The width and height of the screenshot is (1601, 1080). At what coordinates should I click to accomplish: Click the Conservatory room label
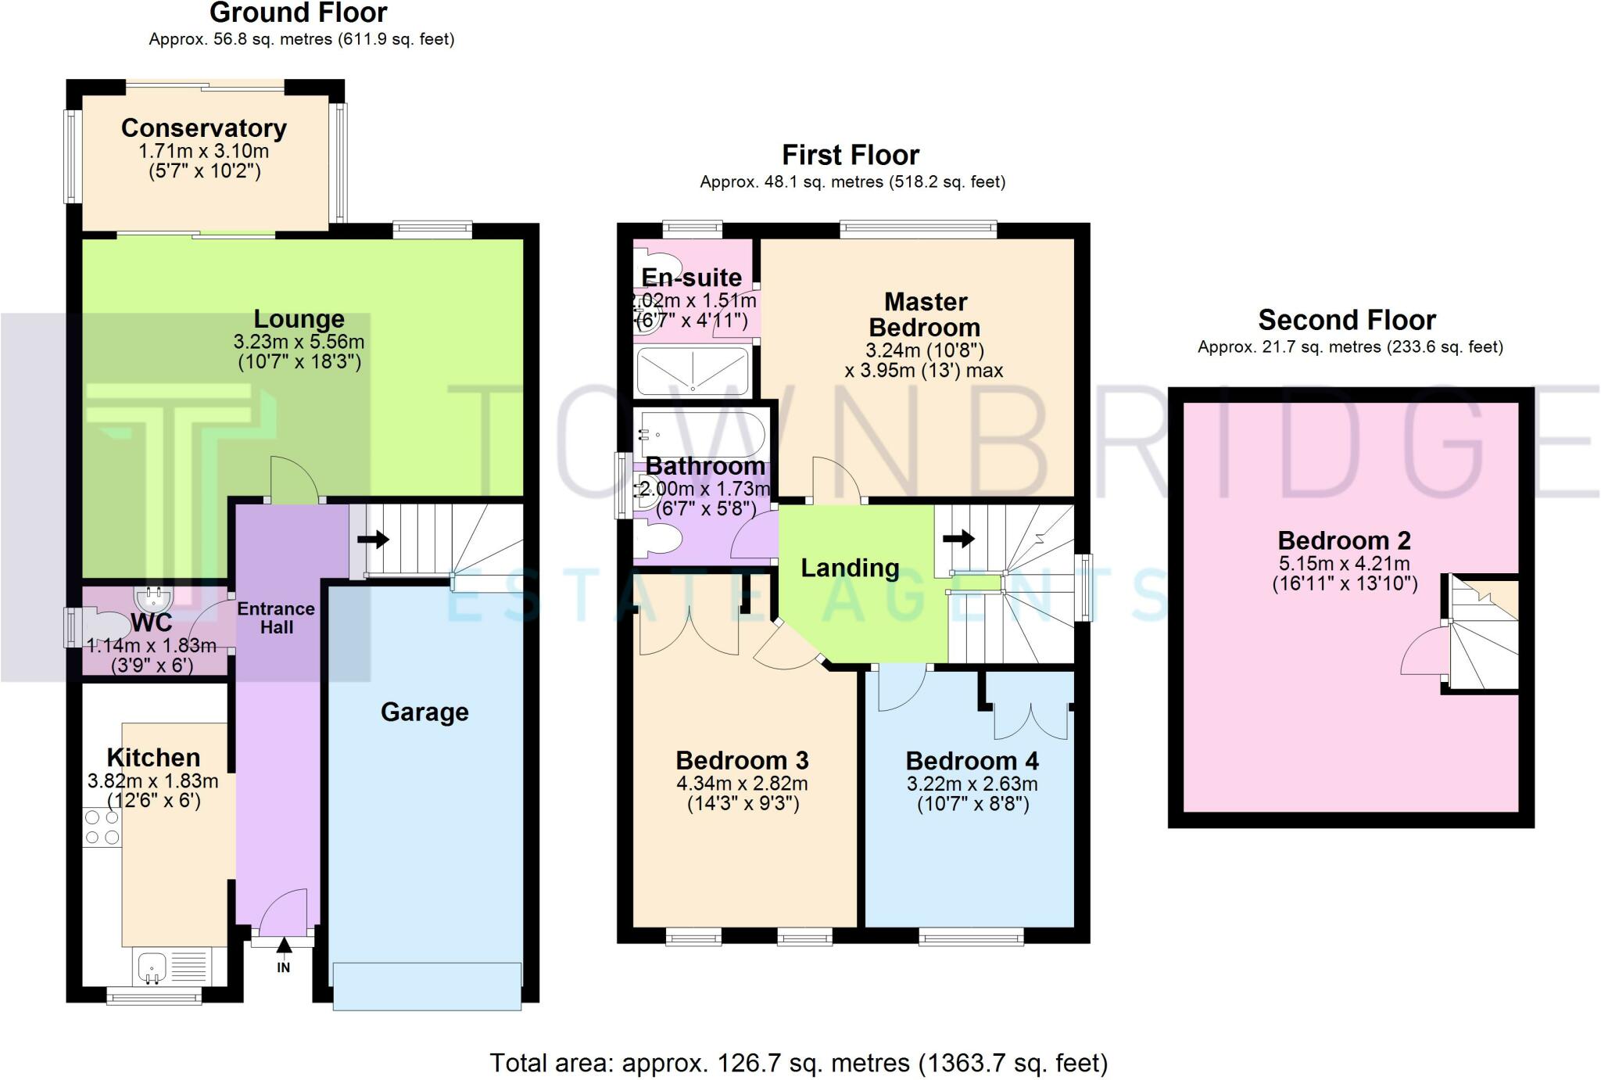[204, 128]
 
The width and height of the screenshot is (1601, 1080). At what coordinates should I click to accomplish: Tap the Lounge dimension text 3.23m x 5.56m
[299, 342]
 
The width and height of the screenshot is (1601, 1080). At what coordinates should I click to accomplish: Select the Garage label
[424, 712]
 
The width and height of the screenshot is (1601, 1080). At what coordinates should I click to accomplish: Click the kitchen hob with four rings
[102, 827]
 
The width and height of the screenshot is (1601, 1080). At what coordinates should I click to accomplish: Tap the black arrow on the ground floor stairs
[373, 540]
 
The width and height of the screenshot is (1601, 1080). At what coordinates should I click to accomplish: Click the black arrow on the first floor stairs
[959, 538]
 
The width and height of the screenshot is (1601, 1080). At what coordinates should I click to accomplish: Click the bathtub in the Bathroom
[701, 433]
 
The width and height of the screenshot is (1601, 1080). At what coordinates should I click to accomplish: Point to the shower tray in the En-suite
[693, 371]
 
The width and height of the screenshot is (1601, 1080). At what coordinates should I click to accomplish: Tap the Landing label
[850, 568]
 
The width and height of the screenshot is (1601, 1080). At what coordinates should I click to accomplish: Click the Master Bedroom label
[926, 314]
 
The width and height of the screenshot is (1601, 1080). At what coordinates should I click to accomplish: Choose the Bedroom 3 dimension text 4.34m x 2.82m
[742, 784]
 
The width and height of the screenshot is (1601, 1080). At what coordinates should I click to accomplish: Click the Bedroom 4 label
[972, 761]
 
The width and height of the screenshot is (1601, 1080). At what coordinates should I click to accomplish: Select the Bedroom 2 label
[1344, 540]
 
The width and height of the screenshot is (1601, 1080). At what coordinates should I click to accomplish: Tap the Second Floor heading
[1347, 321]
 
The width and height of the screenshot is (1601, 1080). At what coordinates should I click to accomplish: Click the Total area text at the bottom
[799, 1064]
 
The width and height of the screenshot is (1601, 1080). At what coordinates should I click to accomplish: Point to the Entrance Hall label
[276, 618]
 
